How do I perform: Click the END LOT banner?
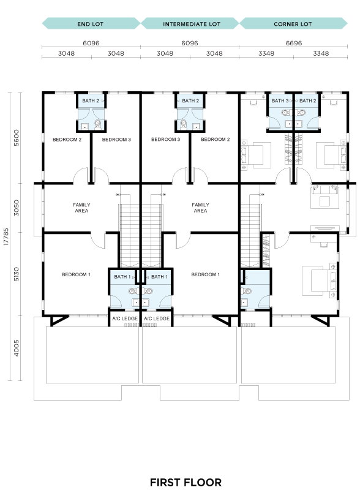click(x=91, y=24)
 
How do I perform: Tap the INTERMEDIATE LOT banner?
click(x=190, y=24)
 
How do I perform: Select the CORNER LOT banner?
click(x=293, y=24)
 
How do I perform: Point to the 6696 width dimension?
click(x=294, y=43)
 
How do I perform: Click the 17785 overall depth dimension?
click(x=6, y=236)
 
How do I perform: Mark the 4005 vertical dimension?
click(x=17, y=348)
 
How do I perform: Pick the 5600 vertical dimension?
click(x=17, y=138)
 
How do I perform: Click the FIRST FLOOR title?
click(x=186, y=482)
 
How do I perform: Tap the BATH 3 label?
click(x=280, y=100)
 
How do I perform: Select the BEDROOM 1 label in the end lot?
click(x=76, y=274)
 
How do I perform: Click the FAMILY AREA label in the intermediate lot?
click(x=200, y=208)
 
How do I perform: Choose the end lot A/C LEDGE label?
click(x=125, y=318)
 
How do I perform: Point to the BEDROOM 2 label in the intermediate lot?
click(x=216, y=140)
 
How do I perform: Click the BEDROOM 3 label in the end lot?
click(x=116, y=140)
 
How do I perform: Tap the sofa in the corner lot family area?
click(x=324, y=190)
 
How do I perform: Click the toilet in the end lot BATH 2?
click(x=98, y=124)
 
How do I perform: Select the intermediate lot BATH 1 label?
click(x=159, y=277)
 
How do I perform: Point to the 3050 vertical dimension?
click(x=17, y=208)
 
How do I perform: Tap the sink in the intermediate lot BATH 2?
click(x=197, y=126)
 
